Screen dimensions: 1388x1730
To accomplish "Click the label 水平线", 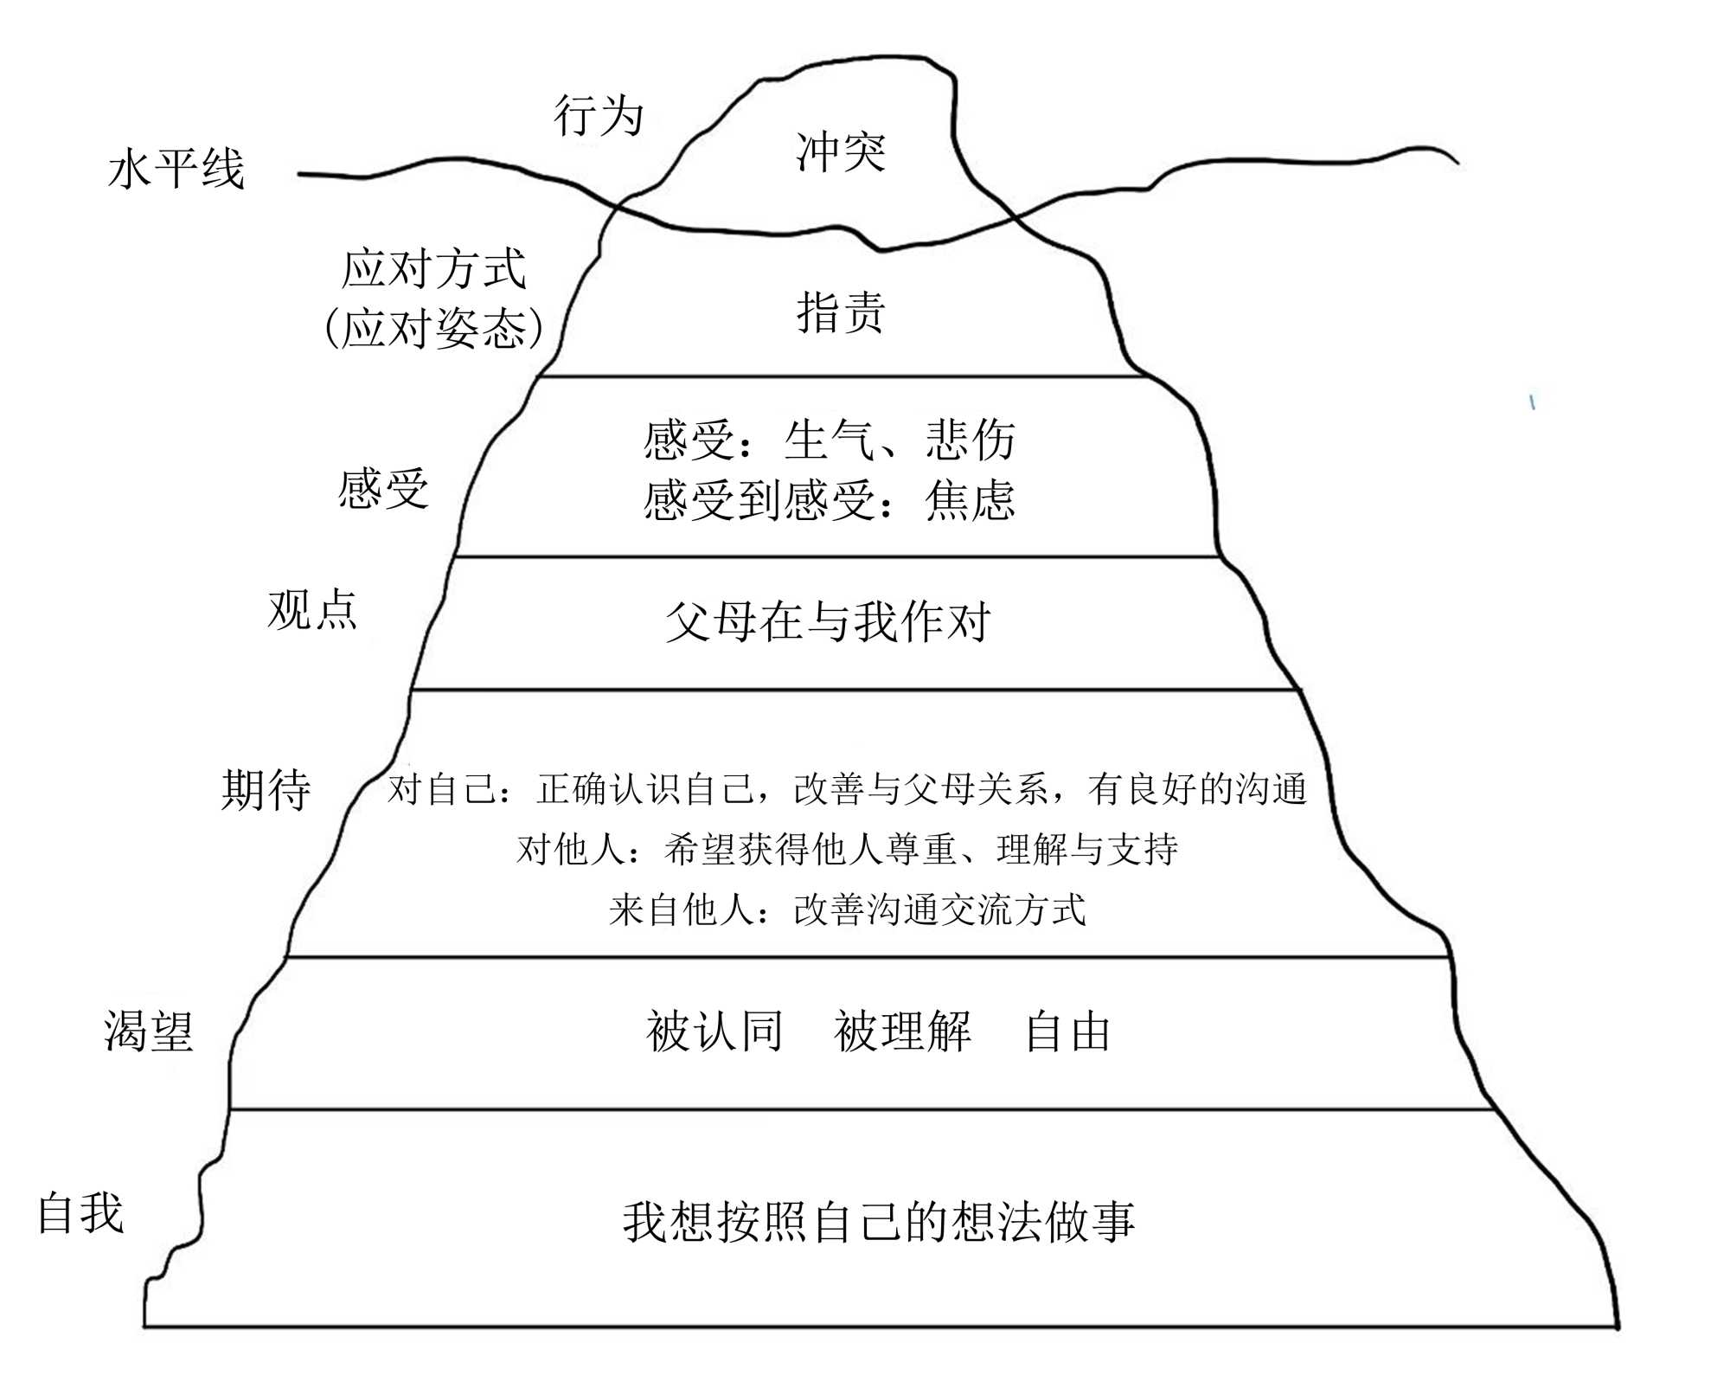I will pyautogui.click(x=176, y=169).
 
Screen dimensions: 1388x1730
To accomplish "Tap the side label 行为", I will pyautogui.click(x=599, y=116).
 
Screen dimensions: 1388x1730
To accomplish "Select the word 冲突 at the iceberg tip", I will pyautogui.click(x=841, y=152).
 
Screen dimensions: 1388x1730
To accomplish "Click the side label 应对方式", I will pyautogui.click(x=434, y=268).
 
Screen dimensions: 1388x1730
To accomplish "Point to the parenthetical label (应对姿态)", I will pyautogui.click(x=434, y=329).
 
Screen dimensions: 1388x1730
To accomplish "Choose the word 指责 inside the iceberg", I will pyautogui.click(x=841, y=312).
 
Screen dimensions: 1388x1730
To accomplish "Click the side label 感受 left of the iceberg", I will pyautogui.click(x=383, y=489).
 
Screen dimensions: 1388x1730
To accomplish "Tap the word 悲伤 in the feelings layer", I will pyautogui.click(x=971, y=440).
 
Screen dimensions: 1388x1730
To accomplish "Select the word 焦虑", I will pyautogui.click(x=970, y=501).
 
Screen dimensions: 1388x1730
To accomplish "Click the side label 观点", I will pyautogui.click(x=312, y=610).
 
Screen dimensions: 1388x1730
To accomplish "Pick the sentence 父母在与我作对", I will pyautogui.click(x=828, y=622).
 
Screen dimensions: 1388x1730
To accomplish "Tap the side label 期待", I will pyautogui.click(x=266, y=790).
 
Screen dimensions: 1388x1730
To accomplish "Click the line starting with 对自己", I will pyautogui.click(x=847, y=789).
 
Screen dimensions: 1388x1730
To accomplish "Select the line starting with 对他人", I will pyautogui.click(x=847, y=850).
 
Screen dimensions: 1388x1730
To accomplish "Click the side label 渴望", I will pyautogui.click(x=149, y=1031).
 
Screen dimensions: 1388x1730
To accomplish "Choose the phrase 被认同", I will pyautogui.click(x=714, y=1032).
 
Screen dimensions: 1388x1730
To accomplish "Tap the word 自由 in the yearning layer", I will pyautogui.click(x=1067, y=1032).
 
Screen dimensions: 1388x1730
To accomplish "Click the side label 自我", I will pyautogui.click(x=81, y=1213).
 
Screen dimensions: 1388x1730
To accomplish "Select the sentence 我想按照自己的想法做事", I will pyautogui.click(x=879, y=1222).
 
